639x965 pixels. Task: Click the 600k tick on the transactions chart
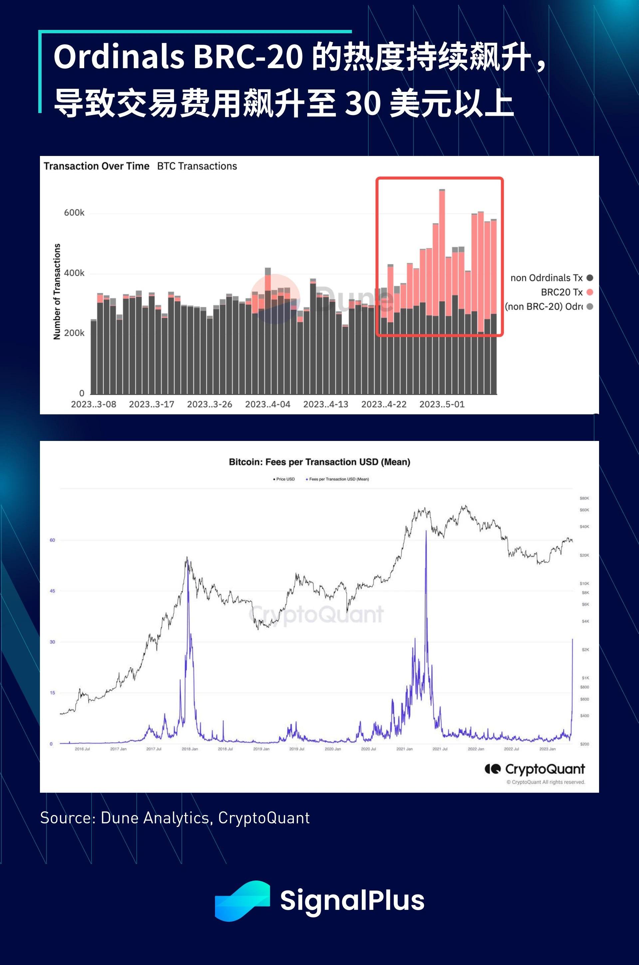click(74, 213)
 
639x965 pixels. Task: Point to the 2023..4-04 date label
click(268, 404)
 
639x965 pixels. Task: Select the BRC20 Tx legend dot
click(590, 292)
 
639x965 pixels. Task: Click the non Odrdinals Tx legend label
click(546, 278)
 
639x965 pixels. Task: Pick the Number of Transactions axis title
click(57, 292)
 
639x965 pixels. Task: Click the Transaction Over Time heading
click(97, 166)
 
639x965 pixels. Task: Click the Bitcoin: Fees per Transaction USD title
click(319, 462)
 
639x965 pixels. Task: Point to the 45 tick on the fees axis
click(52, 591)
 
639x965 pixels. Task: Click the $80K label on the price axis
click(584, 498)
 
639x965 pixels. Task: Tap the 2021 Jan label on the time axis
click(404, 749)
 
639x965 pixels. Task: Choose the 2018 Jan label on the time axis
click(189, 749)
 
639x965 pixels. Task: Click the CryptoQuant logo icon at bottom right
click(492, 769)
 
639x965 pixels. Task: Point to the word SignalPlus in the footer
click(352, 900)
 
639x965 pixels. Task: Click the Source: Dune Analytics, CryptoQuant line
click(175, 818)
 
